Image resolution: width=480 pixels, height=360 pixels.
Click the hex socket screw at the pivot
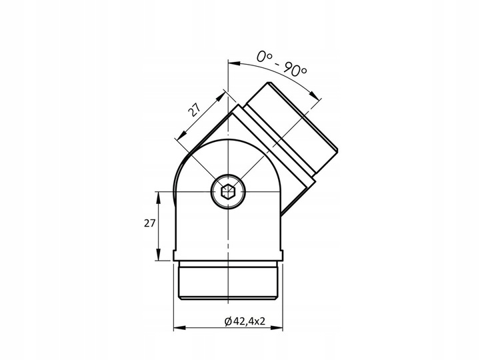click(x=228, y=193)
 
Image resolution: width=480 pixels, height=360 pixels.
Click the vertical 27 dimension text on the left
click(x=149, y=223)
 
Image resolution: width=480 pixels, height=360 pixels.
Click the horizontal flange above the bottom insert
click(x=229, y=256)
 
